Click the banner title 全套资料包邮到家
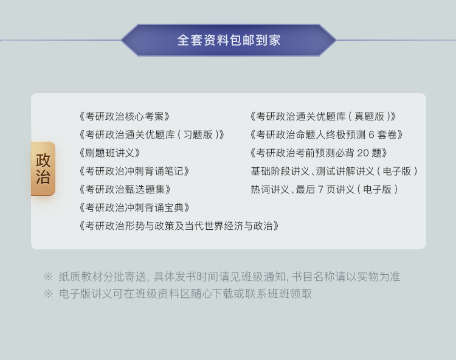click(x=229, y=40)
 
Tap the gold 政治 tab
click(x=43, y=168)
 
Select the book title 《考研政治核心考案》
click(x=125, y=117)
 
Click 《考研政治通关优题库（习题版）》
click(x=152, y=135)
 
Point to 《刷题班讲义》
click(x=109, y=153)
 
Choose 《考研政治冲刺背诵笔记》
click(x=134, y=171)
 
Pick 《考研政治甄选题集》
click(x=125, y=190)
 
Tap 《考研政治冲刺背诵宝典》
click(x=134, y=208)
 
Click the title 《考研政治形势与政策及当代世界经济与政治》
click(x=179, y=226)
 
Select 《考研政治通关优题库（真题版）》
click(x=323, y=117)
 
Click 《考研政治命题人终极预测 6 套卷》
click(x=326, y=135)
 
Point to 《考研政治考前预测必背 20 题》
click(x=319, y=153)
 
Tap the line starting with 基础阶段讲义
click(x=334, y=171)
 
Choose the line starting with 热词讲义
click(x=324, y=190)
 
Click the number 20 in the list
click(x=362, y=153)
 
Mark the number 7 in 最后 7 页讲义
click(x=320, y=190)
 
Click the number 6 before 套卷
click(x=371, y=135)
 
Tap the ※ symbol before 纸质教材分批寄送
click(x=48, y=277)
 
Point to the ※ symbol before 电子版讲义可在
click(x=48, y=294)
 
